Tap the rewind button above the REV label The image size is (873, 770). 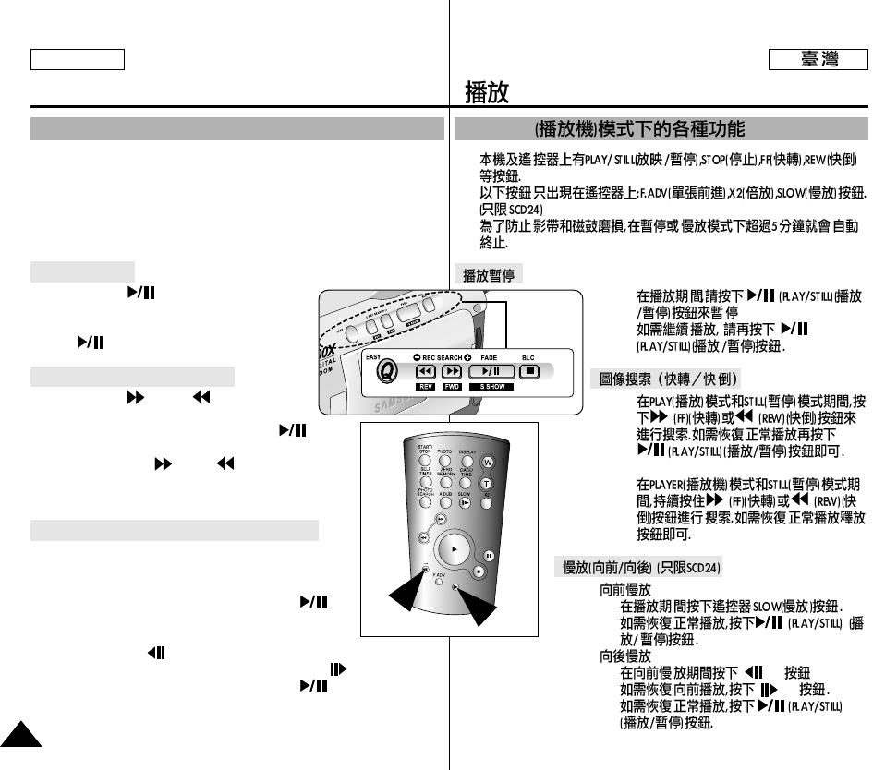tap(425, 371)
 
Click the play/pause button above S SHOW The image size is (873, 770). tap(491, 371)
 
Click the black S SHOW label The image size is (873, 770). tap(490, 387)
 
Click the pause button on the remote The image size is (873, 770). tap(489, 557)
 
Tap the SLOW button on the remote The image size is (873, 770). tap(464, 503)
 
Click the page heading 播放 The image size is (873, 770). tap(488, 92)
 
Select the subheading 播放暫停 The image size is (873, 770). tap(489, 274)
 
